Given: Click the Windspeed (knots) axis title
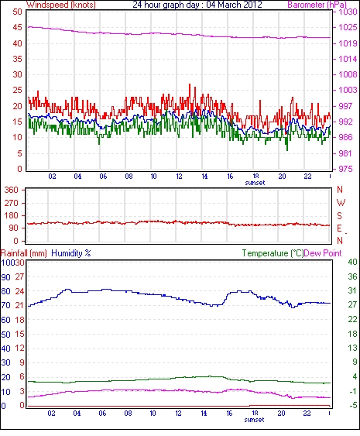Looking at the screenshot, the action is coord(61,5).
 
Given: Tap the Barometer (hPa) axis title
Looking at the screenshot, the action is coord(317,5).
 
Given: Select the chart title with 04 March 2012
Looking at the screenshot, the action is coord(197,5).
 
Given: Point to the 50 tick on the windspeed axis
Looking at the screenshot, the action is coord(17,12).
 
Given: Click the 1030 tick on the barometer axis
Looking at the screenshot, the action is coord(348,12).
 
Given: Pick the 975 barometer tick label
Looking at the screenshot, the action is coord(345,169).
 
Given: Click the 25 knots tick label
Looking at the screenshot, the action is coord(17,90).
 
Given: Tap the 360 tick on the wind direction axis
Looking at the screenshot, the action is coord(12,191).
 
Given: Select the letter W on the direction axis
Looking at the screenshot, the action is coord(341,203).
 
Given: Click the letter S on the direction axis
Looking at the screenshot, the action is coord(339,216).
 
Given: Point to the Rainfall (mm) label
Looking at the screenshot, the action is coord(23,253).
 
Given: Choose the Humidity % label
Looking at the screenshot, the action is coord(71,253).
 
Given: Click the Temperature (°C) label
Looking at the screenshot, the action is coord(273,253).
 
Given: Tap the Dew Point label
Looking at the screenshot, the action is coord(323,253).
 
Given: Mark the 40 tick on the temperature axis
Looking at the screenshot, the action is coord(352,262).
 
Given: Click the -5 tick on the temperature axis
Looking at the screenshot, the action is coord(353,406).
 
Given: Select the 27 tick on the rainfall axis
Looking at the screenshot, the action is coord(19,277).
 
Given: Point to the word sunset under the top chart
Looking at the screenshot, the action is coord(255,183).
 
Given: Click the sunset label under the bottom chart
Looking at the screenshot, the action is coord(254,420).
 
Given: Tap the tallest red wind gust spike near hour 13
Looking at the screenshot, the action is coord(190,84).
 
